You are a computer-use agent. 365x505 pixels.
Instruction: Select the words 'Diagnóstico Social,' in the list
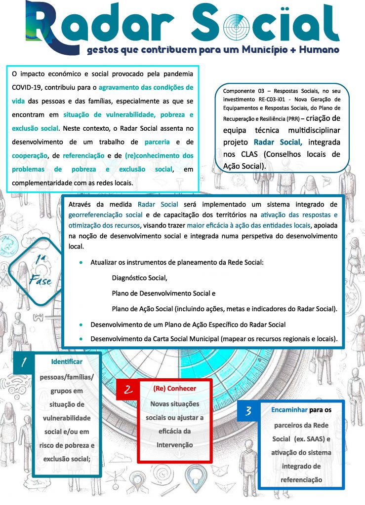140,278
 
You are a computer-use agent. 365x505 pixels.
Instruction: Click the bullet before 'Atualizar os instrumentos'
81,263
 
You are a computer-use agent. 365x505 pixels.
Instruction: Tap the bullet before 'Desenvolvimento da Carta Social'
81,339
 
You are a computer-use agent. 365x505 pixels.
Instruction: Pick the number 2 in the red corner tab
128,390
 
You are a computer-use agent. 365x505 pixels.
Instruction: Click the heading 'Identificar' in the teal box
67,362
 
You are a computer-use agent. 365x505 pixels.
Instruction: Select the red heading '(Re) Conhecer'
175,389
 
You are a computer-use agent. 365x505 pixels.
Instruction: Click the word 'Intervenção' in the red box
174,445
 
